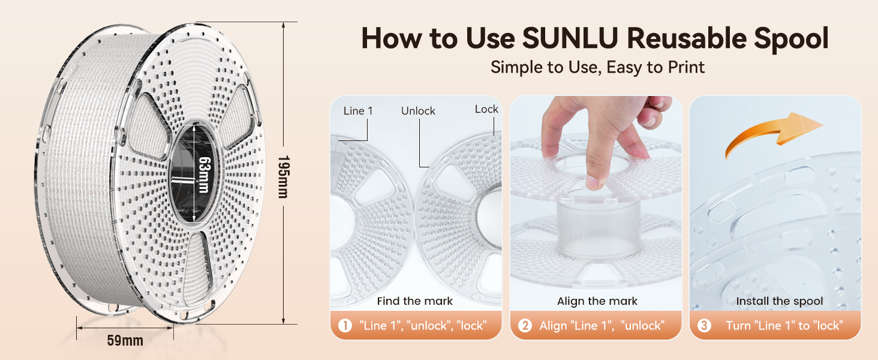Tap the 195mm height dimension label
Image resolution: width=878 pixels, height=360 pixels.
click(x=284, y=176)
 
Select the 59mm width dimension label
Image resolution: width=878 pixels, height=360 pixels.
click(x=125, y=340)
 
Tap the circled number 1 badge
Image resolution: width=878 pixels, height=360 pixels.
click(x=345, y=326)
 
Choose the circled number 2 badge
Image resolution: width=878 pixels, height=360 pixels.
click(x=525, y=326)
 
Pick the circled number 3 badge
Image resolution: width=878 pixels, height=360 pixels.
click(x=705, y=326)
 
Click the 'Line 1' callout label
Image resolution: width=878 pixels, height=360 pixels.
click(x=358, y=111)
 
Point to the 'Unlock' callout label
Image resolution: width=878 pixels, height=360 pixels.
click(x=418, y=111)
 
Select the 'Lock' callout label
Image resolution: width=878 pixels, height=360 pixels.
click(x=486, y=109)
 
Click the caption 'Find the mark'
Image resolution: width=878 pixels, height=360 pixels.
click(x=414, y=301)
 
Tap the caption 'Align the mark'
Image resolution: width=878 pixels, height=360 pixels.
click(x=597, y=301)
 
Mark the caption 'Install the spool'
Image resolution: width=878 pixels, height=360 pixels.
click(x=779, y=301)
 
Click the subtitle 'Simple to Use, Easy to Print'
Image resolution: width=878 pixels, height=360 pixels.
click(x=597, y=67)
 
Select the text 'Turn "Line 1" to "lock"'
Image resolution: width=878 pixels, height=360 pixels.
click(x=784, y=326)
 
